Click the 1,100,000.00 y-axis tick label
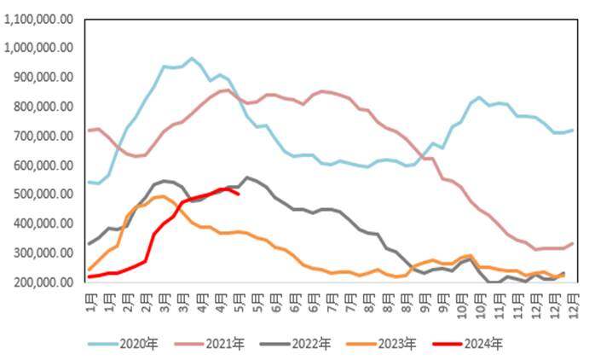pos(38,19)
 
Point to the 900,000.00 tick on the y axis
pos(43,77)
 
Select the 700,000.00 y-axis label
pos(43,136)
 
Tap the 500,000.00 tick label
pos(43,195)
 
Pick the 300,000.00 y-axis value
pos(43,253)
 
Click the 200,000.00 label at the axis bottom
pos(43,282)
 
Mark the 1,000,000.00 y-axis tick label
pos(38,48)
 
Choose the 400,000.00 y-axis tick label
pos(43,224)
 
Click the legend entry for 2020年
pos(124,344)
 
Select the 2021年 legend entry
pos(209,344)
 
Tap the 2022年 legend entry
pos(295,344)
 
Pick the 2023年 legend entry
pos(381,344)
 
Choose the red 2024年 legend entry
pos(468,344)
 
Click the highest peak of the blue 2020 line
pos(192,58)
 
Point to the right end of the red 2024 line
pos(239,194)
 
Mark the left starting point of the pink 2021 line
pos(89,131)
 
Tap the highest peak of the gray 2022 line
pos(247,177)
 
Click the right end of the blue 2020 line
pos(573,130)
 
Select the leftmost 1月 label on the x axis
pos(91,303)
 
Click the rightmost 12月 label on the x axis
pos(574,306)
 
